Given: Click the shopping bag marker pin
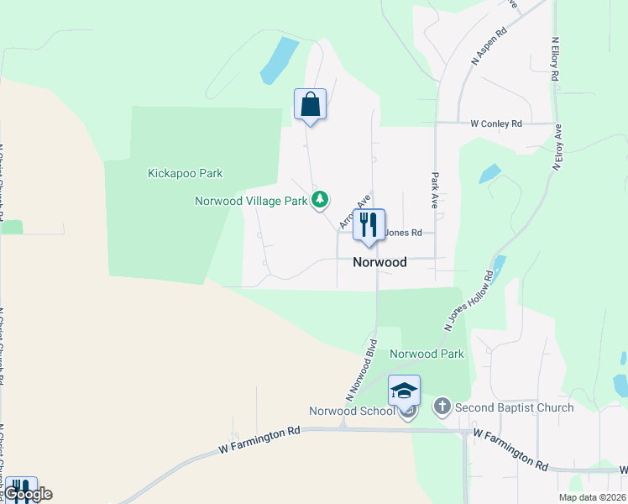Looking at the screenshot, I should point(310,105).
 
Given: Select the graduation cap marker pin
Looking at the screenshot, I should point(404,391).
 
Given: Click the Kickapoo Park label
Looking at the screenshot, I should point(185,174).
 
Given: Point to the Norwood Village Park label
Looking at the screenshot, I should point(251,201).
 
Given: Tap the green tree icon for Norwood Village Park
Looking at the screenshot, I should point(319,200).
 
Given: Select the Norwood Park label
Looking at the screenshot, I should point(427,354).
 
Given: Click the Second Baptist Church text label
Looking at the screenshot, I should point(514,408).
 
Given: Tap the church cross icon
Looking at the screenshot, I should point(442,408).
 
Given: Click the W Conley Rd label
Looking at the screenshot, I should point(496,123).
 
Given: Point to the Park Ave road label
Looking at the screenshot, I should point(436,192).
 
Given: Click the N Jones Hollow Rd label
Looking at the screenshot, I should point(466,301).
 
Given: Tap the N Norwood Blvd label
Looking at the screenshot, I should point(360,370).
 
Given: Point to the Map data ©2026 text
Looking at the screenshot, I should point(592,497).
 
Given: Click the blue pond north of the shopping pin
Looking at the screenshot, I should point(279,60).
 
